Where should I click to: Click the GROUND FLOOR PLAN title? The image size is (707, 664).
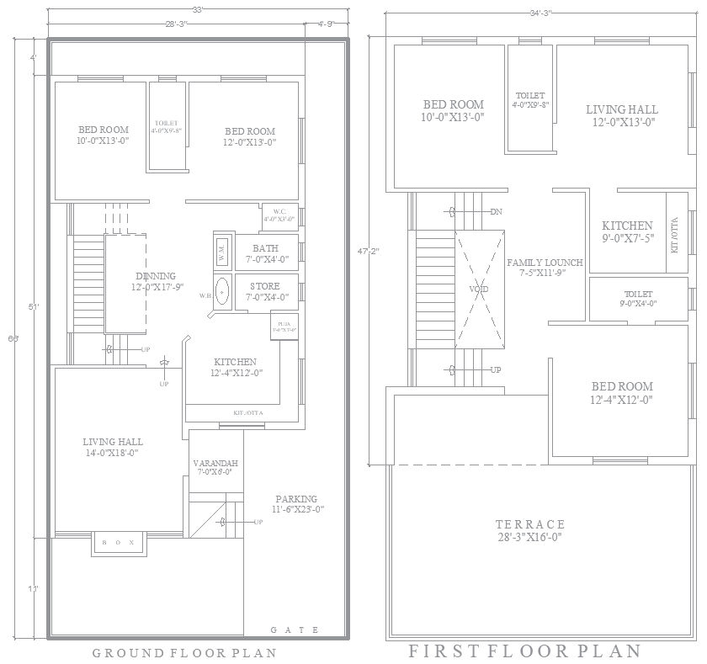[x=183, y=652]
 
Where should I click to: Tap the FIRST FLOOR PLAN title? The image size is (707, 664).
[x=524, y=651]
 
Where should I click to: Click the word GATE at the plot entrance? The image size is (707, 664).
[x=295, y=629]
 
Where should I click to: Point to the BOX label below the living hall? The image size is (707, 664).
[x=117, y=544]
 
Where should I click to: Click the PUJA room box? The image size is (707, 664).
[x=282, y=327]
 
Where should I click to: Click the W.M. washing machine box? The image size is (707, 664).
[x=222, y=250]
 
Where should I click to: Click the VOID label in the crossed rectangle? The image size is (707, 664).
[x=479, y=289]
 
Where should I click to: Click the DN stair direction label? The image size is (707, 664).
[x=497, y=211]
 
